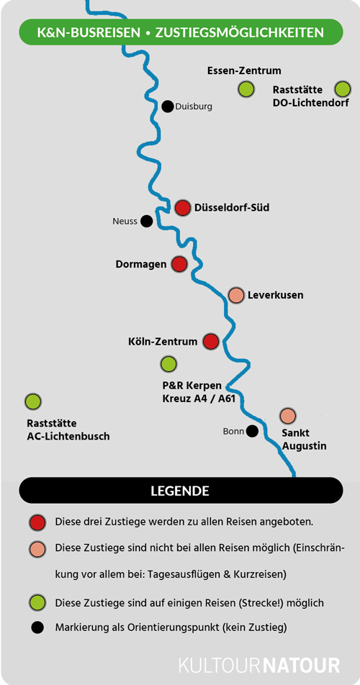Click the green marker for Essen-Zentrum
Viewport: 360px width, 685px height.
[246, 89]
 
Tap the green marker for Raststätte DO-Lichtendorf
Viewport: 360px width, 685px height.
[343, 89]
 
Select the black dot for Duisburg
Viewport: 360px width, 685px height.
[167, 106]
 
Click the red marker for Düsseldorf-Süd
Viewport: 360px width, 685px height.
[183, 208]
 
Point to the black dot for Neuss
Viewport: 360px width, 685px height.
[146, 221]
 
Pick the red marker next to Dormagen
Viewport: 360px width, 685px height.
[179, 264]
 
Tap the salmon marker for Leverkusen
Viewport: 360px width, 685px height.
[236, 295]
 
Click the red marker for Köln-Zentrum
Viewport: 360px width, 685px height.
[211, 341]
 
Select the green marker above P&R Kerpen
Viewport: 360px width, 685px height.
[168, 364]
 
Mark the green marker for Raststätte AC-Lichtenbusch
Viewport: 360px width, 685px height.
[33, 401]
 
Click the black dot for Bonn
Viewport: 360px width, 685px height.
[252, 431]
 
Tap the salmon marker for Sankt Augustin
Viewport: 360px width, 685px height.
[288, 416]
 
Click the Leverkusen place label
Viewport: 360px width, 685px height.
[275, 295]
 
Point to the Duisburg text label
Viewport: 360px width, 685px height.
[194, 106]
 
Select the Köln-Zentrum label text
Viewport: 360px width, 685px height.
[163, 341]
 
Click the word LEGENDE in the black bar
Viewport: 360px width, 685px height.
[180, 491]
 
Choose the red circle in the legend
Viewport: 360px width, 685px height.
[38, 522]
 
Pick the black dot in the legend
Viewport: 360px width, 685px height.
[38, 627]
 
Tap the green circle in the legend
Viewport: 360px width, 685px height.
[38, 603]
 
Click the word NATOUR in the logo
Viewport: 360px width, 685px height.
[302, 666]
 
